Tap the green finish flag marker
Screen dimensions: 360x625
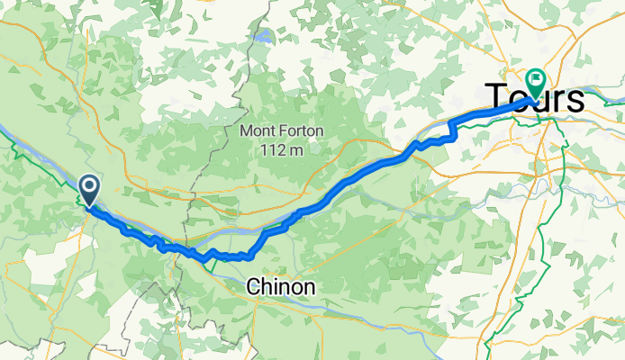535,84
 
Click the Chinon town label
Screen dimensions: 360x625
282,287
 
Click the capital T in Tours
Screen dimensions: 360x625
496,98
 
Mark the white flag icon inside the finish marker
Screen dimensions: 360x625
535,80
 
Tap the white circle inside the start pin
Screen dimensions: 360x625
90,185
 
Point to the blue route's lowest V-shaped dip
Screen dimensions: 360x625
206,261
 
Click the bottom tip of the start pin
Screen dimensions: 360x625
90,206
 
